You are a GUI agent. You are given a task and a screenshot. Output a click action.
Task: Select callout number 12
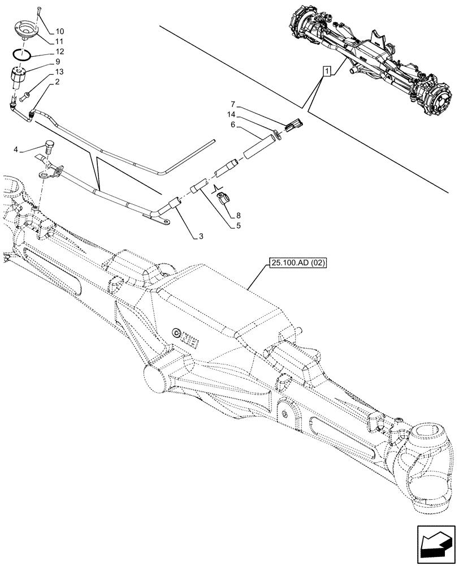pos(60,52)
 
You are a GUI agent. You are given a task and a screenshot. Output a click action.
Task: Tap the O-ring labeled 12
pos(23,55)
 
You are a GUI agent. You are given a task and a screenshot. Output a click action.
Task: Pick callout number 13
pos(60,72)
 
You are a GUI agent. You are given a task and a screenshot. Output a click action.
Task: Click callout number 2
pos(58,83)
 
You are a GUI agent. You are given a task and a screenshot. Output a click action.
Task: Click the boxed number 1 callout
pos(326,71)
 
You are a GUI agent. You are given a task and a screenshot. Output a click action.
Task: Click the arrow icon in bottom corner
pos(435,544)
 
